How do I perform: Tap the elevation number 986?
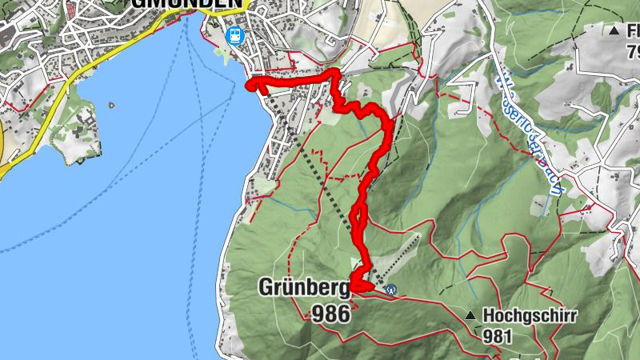coord(326,314)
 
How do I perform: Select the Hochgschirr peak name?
coord(530,315)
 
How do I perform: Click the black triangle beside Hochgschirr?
coord(472,315)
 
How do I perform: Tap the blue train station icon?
coord(234,34)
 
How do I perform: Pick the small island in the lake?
coord(110,104)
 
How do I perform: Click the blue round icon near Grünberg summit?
coord(390,290)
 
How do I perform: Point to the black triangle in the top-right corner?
coord(614,31)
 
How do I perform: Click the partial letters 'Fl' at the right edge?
coord(633,31)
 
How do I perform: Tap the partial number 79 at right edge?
coord(633,53)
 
